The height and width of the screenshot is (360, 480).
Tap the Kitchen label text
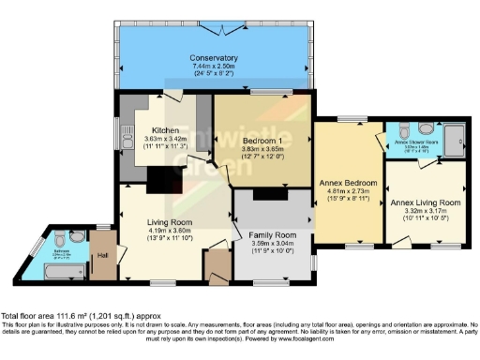(x=166, y=130)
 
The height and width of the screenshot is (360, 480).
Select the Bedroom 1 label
(x=248, y=140)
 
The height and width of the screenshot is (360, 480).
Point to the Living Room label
(x=169, y=222)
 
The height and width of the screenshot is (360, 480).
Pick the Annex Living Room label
(x=426, y=202)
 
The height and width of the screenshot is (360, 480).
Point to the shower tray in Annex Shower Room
(x=452, y=138)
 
